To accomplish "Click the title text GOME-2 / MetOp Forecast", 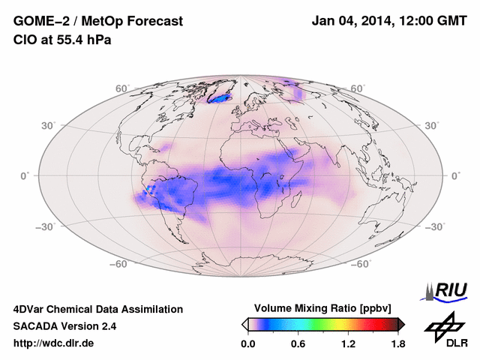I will pyautogui.click(x=98, y=22).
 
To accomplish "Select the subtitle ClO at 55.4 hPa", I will pyautogui.click(x=62, y=40).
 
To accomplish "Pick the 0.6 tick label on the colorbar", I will pyautogui.click(x=298, y=343).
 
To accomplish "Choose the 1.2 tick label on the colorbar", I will pyautogui.click(x=348, y=343).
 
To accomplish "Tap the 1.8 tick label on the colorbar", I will pyautogui.click(x=398, y=343).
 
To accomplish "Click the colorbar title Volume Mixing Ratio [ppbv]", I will pyautogui.click(x=323, y=308).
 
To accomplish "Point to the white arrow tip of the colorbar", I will pyautogui.click(x=244, y=324).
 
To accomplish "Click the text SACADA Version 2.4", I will pyautogui.click(x=64, y=326).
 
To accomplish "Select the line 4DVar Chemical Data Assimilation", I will pyautogui.click(x=98, y=309).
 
